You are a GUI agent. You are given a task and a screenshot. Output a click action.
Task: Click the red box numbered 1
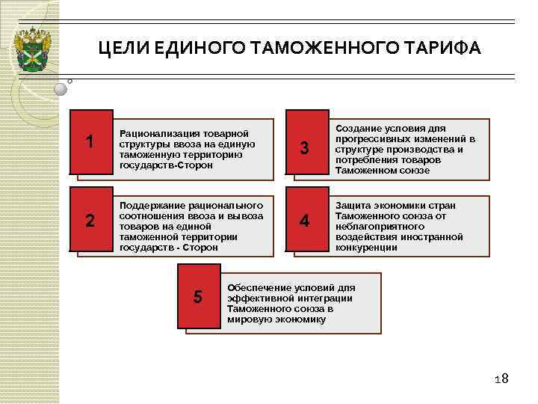90,141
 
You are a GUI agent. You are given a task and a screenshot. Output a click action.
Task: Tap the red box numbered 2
90,221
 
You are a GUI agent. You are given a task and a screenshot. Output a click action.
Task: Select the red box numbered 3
304,148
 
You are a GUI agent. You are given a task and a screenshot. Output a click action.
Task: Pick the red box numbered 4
304,221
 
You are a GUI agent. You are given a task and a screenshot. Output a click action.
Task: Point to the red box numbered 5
197,297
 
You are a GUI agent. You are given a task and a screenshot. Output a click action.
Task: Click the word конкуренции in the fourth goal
367,248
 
